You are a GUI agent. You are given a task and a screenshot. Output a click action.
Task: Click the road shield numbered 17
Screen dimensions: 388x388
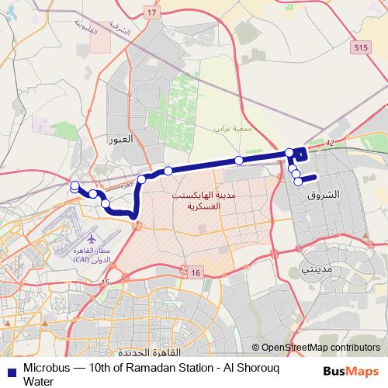[151, 13]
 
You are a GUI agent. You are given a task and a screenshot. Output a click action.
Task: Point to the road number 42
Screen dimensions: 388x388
[330, 143]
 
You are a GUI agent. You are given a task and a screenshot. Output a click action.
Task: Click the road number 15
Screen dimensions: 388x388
[106, 282]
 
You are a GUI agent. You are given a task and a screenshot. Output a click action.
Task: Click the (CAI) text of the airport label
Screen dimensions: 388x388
[81, 260]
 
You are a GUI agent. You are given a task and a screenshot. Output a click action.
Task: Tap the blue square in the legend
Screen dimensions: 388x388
[9, 368]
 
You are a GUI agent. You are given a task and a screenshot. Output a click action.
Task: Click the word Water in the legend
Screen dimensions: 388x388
[39, 381]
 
